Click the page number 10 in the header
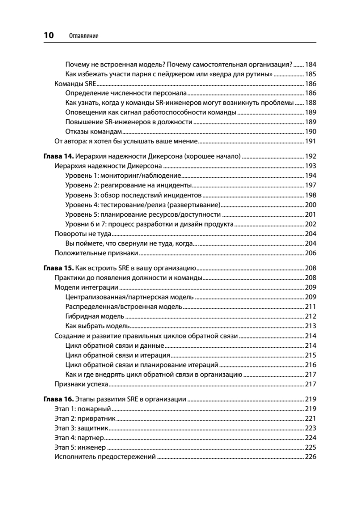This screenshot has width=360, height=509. pos(49,36)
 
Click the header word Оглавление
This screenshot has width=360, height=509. pos(83,36)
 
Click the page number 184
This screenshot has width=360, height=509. pos(311,64)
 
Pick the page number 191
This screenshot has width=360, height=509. pos(311,141)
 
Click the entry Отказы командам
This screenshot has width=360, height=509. pos(94,131)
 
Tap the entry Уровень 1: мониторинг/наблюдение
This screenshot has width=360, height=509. pos(123,175)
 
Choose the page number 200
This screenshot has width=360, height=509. pos(311,204)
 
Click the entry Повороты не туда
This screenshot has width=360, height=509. pos(83,234)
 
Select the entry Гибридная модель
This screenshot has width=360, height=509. pos(95,316)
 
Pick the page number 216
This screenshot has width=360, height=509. pos(311,365)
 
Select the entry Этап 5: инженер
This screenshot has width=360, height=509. pos(80,447)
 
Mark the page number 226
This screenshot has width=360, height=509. pos(311,457)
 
